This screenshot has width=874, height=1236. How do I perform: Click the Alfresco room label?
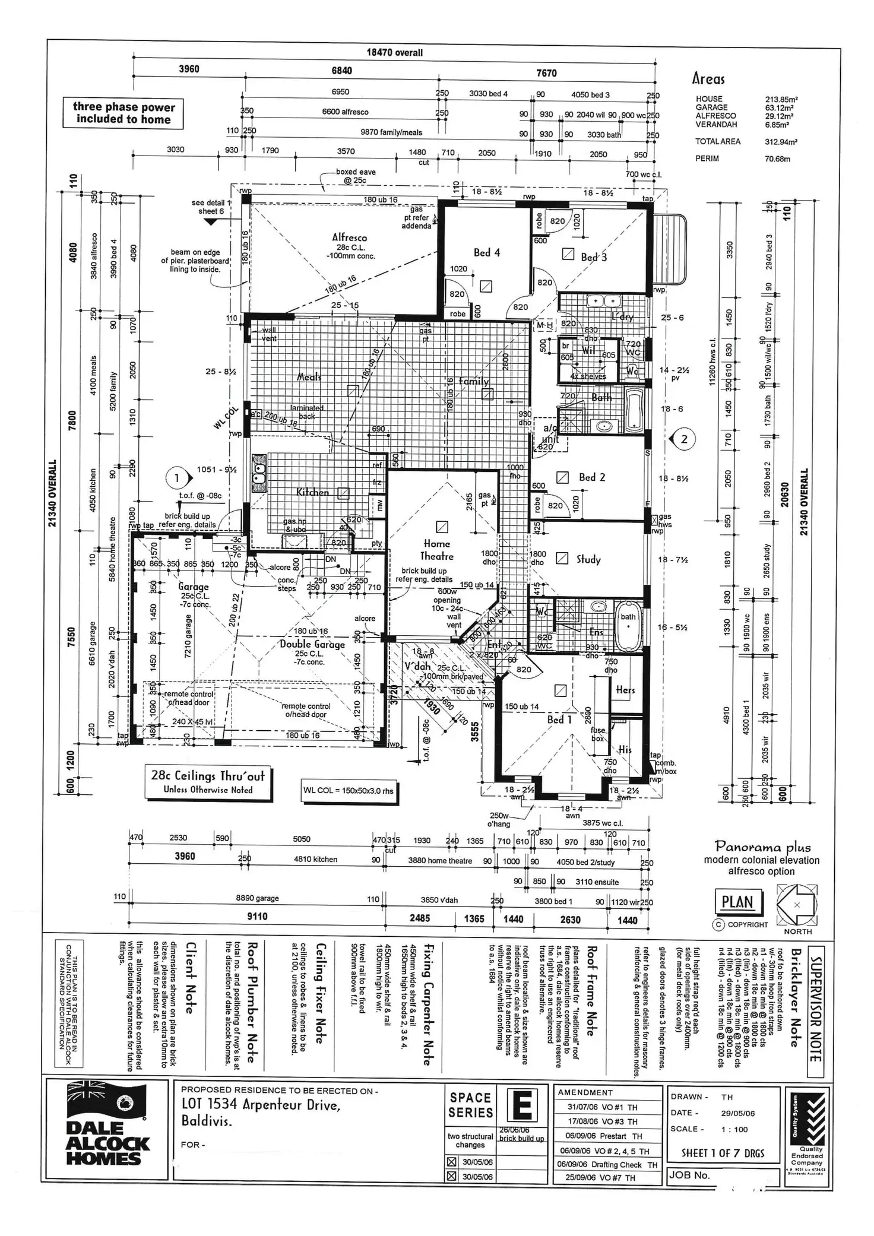(349, 237)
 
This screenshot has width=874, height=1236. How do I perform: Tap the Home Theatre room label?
(437, 550)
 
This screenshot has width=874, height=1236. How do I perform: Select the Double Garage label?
(312, 644)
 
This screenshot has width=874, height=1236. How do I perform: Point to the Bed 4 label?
(487, 253)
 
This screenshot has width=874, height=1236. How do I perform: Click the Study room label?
(588, 559)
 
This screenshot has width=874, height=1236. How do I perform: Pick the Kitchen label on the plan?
(312, 492)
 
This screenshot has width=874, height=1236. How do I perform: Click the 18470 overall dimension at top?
(394, 52)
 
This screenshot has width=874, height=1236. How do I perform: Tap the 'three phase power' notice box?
(123, 113)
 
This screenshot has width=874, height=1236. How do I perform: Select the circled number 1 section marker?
(176, 478)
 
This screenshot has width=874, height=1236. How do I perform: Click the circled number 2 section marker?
(684, 439)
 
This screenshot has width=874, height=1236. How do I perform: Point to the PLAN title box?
(737, 902)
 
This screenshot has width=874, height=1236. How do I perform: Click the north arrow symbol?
(797, 905)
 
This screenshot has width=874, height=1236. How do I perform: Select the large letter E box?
(522, 1105)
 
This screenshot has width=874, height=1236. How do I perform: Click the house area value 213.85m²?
(781, 100)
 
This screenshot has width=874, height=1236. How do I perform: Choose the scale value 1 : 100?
(734, 1129)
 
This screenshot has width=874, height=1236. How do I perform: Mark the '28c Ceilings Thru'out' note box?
(208, 781)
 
